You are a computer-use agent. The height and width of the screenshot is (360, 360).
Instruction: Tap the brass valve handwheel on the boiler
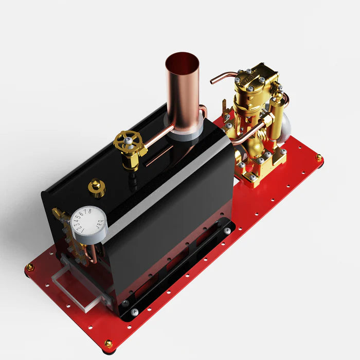coord(128,141)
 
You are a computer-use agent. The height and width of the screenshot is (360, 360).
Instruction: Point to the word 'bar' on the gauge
coord(98,225)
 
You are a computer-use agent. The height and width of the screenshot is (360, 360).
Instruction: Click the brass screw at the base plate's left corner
coord(30,267)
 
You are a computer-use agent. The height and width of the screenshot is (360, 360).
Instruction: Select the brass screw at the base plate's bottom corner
coord(109,344)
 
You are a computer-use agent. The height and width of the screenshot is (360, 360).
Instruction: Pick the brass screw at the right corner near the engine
coord(319,157)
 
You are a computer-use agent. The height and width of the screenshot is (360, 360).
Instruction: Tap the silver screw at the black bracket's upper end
coord(227,231)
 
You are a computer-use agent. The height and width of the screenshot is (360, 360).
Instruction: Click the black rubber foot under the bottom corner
coord(109,351)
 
